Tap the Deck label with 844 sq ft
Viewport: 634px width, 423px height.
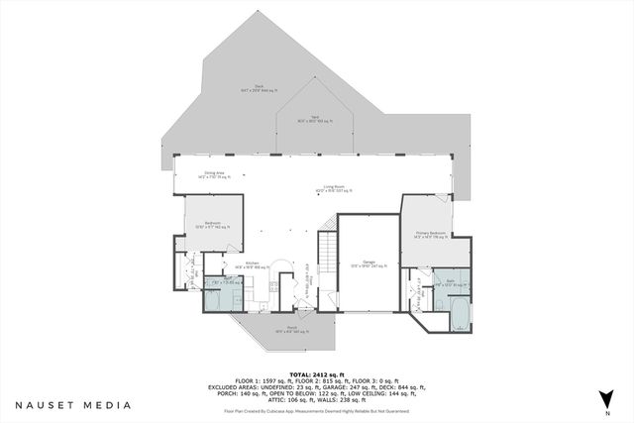(259, 88)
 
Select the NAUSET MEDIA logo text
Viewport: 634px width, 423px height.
(73, 405)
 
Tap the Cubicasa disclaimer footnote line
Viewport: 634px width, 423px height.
(317, 409)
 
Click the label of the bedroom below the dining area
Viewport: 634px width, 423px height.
(211, 225)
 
